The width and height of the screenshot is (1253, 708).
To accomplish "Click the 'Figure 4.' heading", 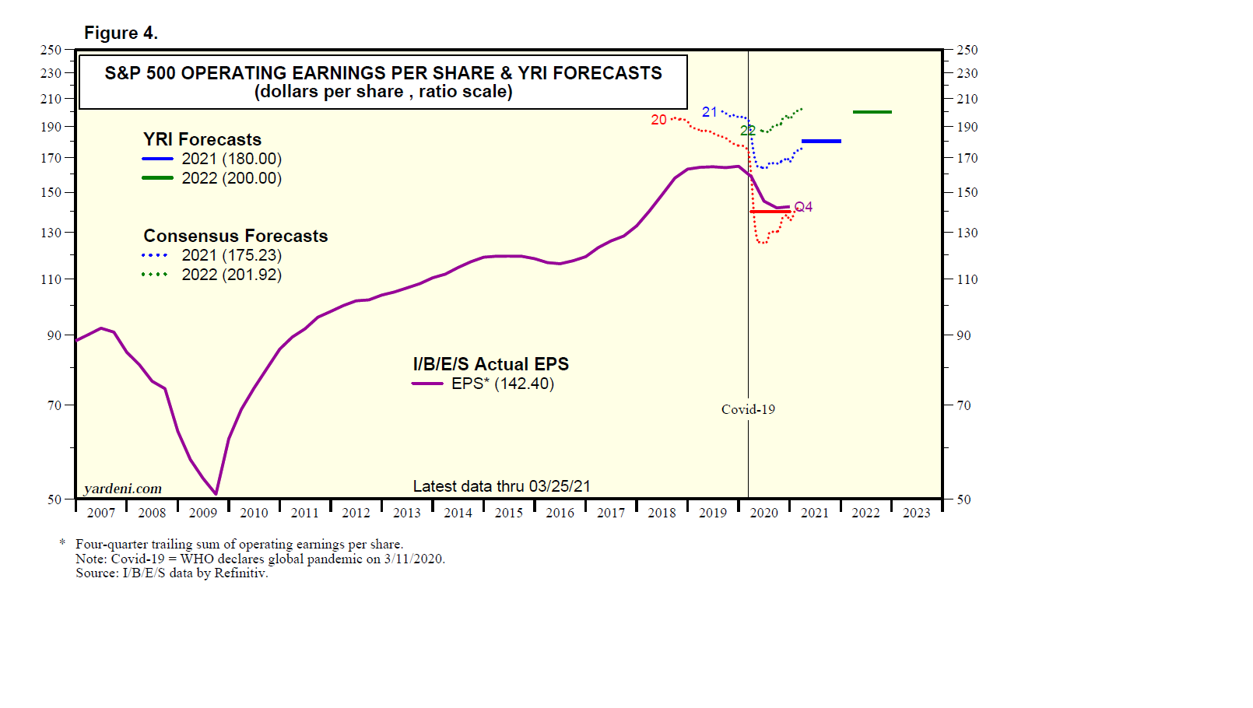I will point(121,33).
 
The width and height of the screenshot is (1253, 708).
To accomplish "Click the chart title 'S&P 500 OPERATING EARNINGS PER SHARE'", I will point(383,73).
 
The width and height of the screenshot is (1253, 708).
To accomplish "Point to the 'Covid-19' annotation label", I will point(748,409).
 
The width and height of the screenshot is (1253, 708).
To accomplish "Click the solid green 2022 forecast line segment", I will point(872,112).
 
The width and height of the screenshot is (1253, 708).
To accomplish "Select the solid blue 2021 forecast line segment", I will point(821,141).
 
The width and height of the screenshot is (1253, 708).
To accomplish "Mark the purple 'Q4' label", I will point(803,207).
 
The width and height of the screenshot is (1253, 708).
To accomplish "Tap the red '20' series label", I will point(658,120).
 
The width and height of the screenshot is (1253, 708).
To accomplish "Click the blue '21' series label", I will point(709,112).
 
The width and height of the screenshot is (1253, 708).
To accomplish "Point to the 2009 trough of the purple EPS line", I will point(216,493).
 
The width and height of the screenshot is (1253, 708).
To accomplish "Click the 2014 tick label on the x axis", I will point(458,513).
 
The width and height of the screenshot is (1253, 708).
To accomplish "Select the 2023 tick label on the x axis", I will point(916,513).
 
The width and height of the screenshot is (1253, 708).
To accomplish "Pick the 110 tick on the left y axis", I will point(51,279).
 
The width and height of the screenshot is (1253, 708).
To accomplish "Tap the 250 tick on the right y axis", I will point(967,50).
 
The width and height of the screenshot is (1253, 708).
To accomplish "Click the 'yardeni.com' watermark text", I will point(123,489).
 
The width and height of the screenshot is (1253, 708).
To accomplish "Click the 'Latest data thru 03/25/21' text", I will point(501,486).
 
